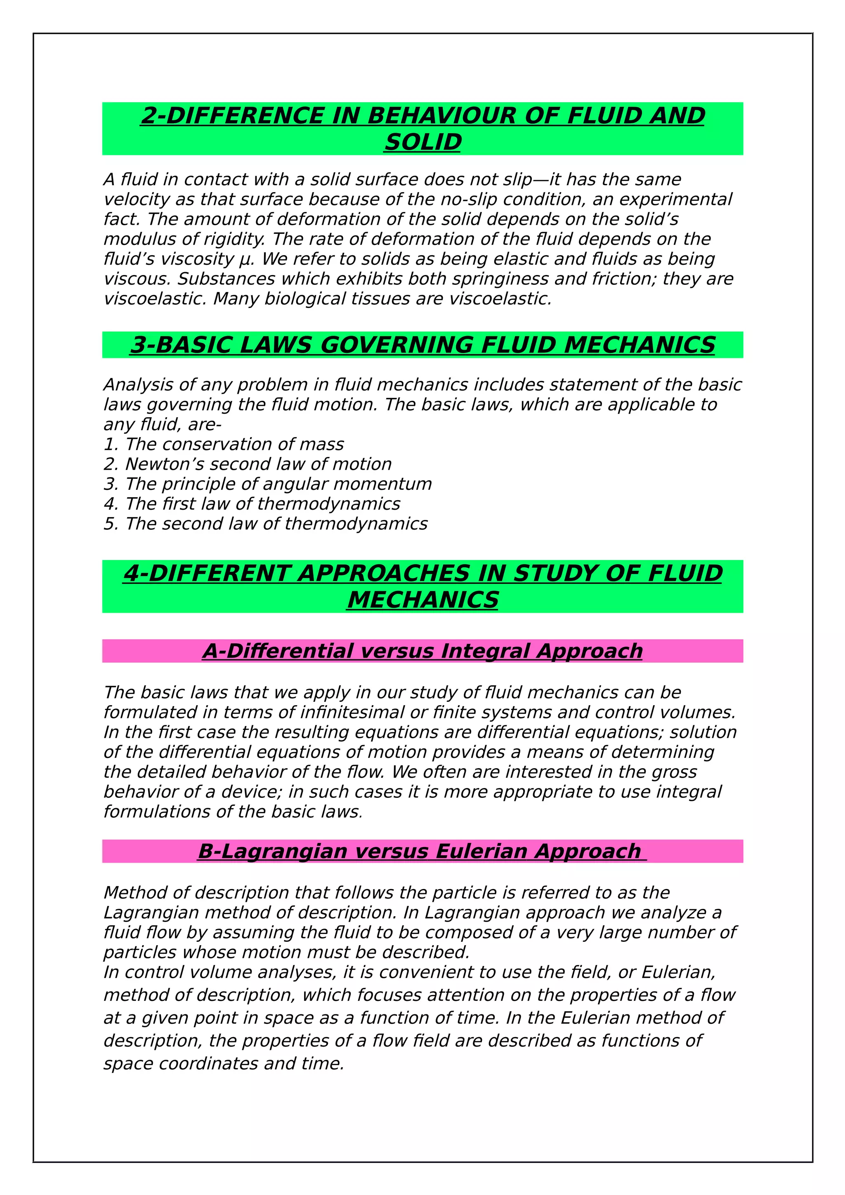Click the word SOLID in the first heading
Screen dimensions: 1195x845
[x=423, y=142]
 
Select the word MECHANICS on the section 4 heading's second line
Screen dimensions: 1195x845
[x=423, y=600]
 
